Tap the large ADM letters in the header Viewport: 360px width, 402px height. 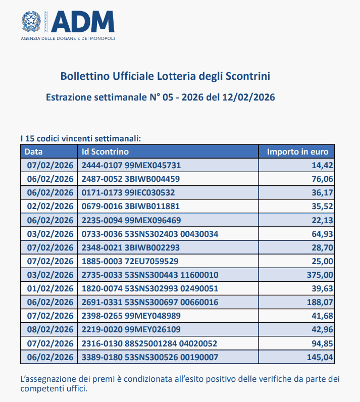tap(83, 21)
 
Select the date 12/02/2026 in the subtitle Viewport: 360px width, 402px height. tap(248, 97)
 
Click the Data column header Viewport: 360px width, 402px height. tap(34, 152)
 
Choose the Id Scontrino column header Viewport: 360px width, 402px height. tap(105, 152)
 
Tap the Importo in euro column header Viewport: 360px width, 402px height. tap(297, 152)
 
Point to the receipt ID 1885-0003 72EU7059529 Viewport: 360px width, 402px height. tap(130, 261)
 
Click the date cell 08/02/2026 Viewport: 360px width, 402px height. tap(49, 330)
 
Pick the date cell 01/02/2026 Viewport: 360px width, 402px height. tap(49, 288)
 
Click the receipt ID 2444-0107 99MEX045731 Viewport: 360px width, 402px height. tap(131, 165)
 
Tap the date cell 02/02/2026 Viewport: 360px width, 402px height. tap(49, 206)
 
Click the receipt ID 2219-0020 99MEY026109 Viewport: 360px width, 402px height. tap(131, 330)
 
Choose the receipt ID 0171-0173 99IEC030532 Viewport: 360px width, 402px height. tap(128, 192)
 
